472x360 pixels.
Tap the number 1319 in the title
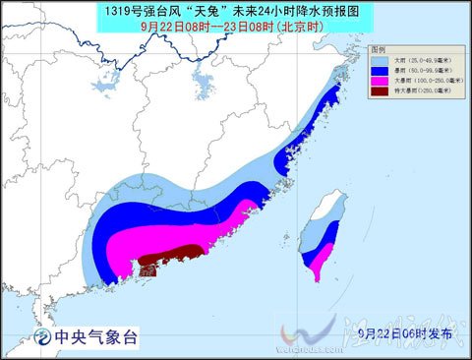(x=116, y=10)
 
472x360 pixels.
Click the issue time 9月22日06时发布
(x=404, y=334)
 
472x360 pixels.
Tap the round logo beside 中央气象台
(x=43, y=337)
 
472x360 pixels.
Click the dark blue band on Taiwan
(x=324, y=241)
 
